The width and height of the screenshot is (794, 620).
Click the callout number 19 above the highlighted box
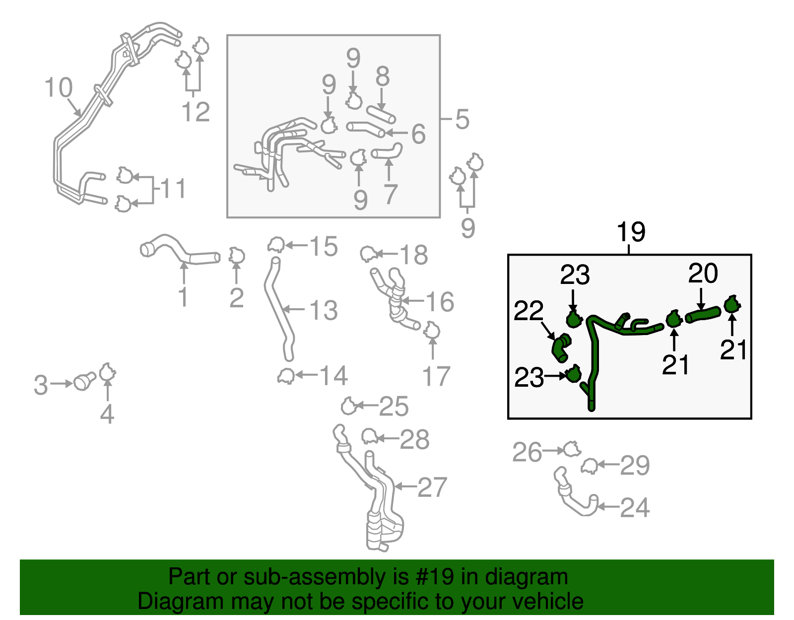coord(631,232)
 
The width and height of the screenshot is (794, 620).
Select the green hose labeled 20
coord(703,314)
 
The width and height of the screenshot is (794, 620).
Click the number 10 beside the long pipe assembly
coord(59,88)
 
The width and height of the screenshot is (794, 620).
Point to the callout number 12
coord(196,112)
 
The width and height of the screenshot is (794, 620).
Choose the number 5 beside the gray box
coord(462,120)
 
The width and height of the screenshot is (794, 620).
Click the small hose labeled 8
coord(381,114)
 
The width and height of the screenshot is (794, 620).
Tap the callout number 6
coord(418,134)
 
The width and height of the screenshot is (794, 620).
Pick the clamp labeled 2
coord(237,256)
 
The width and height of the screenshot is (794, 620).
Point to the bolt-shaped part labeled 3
coord(84,382)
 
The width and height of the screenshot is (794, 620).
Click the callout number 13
coord(323,310)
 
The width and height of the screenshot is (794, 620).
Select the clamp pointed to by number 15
coord(276,245)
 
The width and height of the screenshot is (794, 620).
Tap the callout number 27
coord(432,487)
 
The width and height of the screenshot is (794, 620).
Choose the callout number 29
coord(635,466)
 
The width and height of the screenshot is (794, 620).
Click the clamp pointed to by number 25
coord(348,407)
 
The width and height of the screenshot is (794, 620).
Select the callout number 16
coord(440,301)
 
